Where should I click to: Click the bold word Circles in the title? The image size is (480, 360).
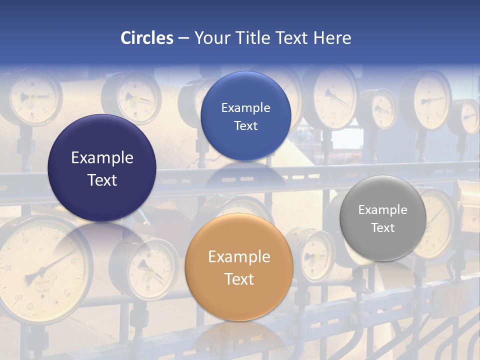(x=147, y=38)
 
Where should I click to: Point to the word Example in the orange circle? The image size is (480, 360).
(x=239, y=257)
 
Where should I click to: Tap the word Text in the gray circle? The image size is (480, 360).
(x=383, y=228)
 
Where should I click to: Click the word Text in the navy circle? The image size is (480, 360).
(x=102, y=180)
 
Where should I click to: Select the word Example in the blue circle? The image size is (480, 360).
(x=245, y=108)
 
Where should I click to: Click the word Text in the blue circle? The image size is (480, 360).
(x=245, y=125)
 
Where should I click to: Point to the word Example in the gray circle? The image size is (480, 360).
(x=383, y=210)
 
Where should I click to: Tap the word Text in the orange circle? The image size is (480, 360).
(x=239, y=279)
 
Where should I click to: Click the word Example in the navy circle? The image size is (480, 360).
(x=102, y=158)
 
